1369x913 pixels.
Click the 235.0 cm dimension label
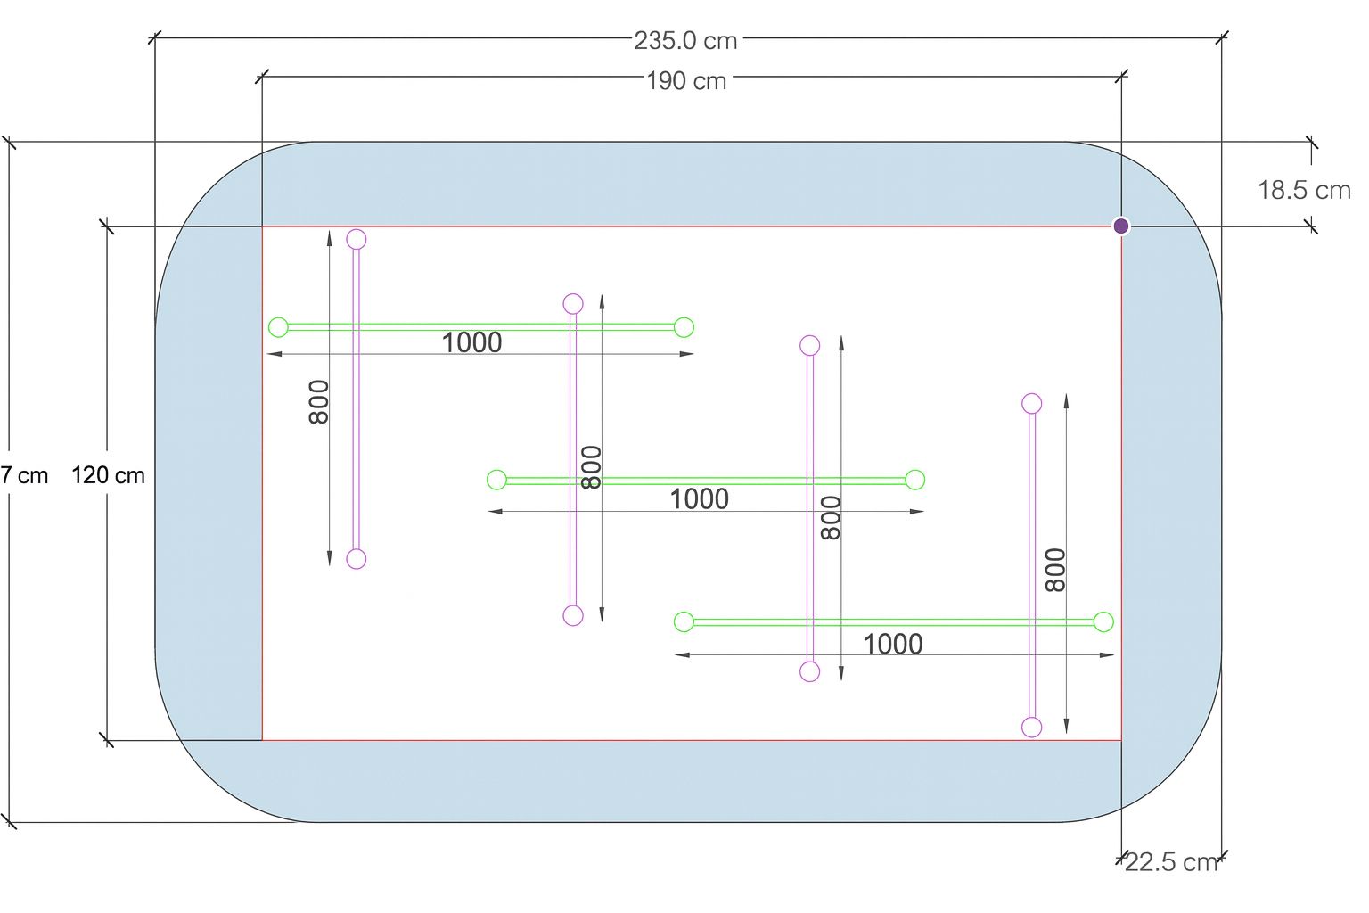(685, 40)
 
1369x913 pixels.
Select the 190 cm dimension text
(685, 81)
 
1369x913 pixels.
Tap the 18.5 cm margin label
(1303, 190)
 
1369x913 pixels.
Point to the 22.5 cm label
(1170, 862)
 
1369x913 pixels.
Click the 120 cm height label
(108, 475)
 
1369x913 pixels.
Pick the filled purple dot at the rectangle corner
(1121, 226)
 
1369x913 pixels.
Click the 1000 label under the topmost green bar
(471, 342)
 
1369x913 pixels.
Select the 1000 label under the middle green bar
(699, 499)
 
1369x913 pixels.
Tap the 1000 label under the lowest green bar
(892, 644)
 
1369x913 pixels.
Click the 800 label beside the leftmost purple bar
(319, 402)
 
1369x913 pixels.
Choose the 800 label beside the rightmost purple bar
(1055, 570)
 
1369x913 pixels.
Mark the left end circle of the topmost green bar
(278, 327)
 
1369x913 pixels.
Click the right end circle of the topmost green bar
(684, 327)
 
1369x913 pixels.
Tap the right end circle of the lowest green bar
(1103, 621)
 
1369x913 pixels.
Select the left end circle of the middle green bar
(496, 480)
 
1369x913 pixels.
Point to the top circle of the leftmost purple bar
(357, 239)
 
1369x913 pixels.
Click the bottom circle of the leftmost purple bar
(357, 559)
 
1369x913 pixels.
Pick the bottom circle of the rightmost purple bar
(1032, 728)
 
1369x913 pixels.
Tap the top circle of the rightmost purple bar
(1032, 403)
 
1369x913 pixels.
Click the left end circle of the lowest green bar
(684, 621)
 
